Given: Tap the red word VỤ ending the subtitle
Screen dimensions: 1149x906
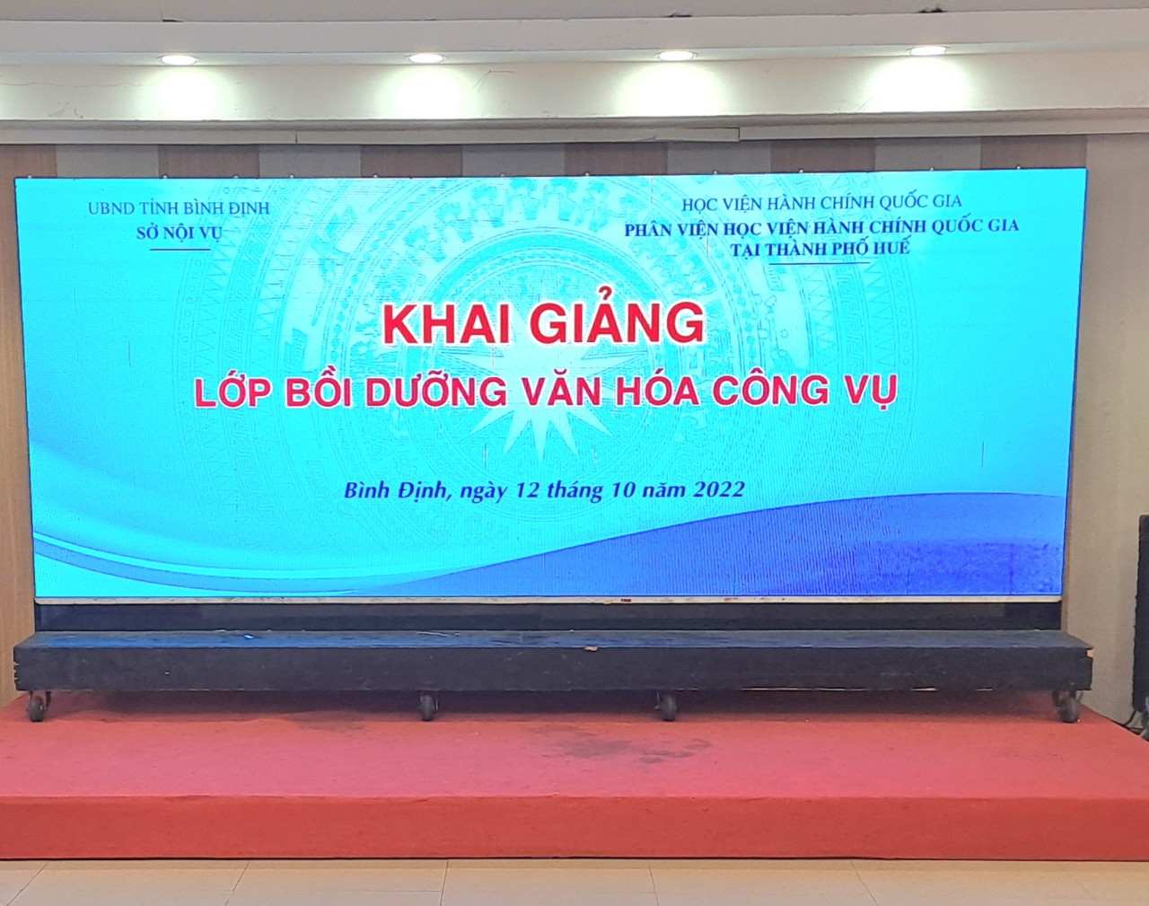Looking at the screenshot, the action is click(x=871, y=389).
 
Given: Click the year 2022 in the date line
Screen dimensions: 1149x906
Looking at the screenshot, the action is click(x=718, y=489).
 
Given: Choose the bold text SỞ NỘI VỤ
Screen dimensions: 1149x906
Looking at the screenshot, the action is click(x=179, y=233).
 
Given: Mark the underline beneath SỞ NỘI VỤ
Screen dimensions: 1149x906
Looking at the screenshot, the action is click(x=180, y=250).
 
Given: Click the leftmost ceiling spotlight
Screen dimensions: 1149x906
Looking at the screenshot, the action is click(x=179, y=60).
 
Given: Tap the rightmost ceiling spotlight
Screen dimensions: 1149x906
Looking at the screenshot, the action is click(x=928, y=51).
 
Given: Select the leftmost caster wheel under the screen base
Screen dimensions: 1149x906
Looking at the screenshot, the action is click(x=38, y=706).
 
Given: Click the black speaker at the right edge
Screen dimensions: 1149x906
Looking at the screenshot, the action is click(x=1143, y=620).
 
